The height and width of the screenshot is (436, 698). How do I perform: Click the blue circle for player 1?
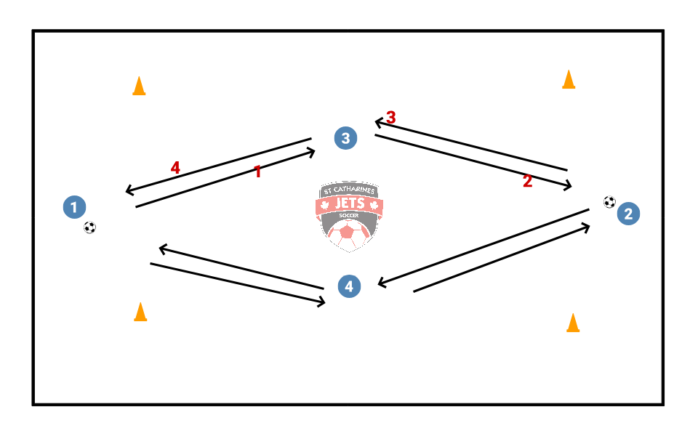pyautogui.click(x=74, y=207)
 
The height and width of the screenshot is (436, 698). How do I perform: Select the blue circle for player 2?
pyautogui.click(x=628, y=214)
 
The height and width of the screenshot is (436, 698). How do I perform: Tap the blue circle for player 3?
pyautogui.click(x=346, y=138)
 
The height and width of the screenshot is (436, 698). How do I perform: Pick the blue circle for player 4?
pyautogui.click(x=350, y=286)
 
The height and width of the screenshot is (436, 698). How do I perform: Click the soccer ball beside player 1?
pyautogui.click(x=89, y=227)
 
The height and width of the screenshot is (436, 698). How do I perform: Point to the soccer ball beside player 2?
pyautogui.click(x=609, y=202)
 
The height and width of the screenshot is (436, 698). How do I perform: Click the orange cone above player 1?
pyautogui.click(x=139, y=86)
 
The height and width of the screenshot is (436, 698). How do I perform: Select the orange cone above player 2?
pyautogui.click(x=569, y=79)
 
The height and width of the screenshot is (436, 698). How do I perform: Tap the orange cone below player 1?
pyautogui.click(x=140, y=312)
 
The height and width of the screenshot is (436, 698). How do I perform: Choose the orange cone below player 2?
pyautogui.click(x=573, y=323)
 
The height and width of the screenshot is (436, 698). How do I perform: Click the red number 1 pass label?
pyautogui.click(x=257, y=171)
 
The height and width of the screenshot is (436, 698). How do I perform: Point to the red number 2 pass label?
pyautogui.click(x=528, y=182)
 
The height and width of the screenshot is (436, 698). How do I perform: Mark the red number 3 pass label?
pyautogui.click(x=391, y=117)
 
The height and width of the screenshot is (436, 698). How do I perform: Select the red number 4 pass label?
pyautogui.click(x=175, y=168)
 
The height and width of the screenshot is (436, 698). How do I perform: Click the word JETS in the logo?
pyautogui.click(x=350, y=203)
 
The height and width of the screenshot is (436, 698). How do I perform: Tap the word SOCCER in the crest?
pyautogui.click(x=350, y=217)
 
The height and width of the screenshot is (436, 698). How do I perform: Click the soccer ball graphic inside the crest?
pyautogui.click(x=349, y=235)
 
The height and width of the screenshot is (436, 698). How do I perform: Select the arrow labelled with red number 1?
pyautogui.click(x=225, y=179)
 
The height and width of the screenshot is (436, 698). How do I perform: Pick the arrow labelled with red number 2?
pyautogui.click(x=473, y=161)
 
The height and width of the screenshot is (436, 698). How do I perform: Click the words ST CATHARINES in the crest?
pyautogui.click(x=350, y=190)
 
